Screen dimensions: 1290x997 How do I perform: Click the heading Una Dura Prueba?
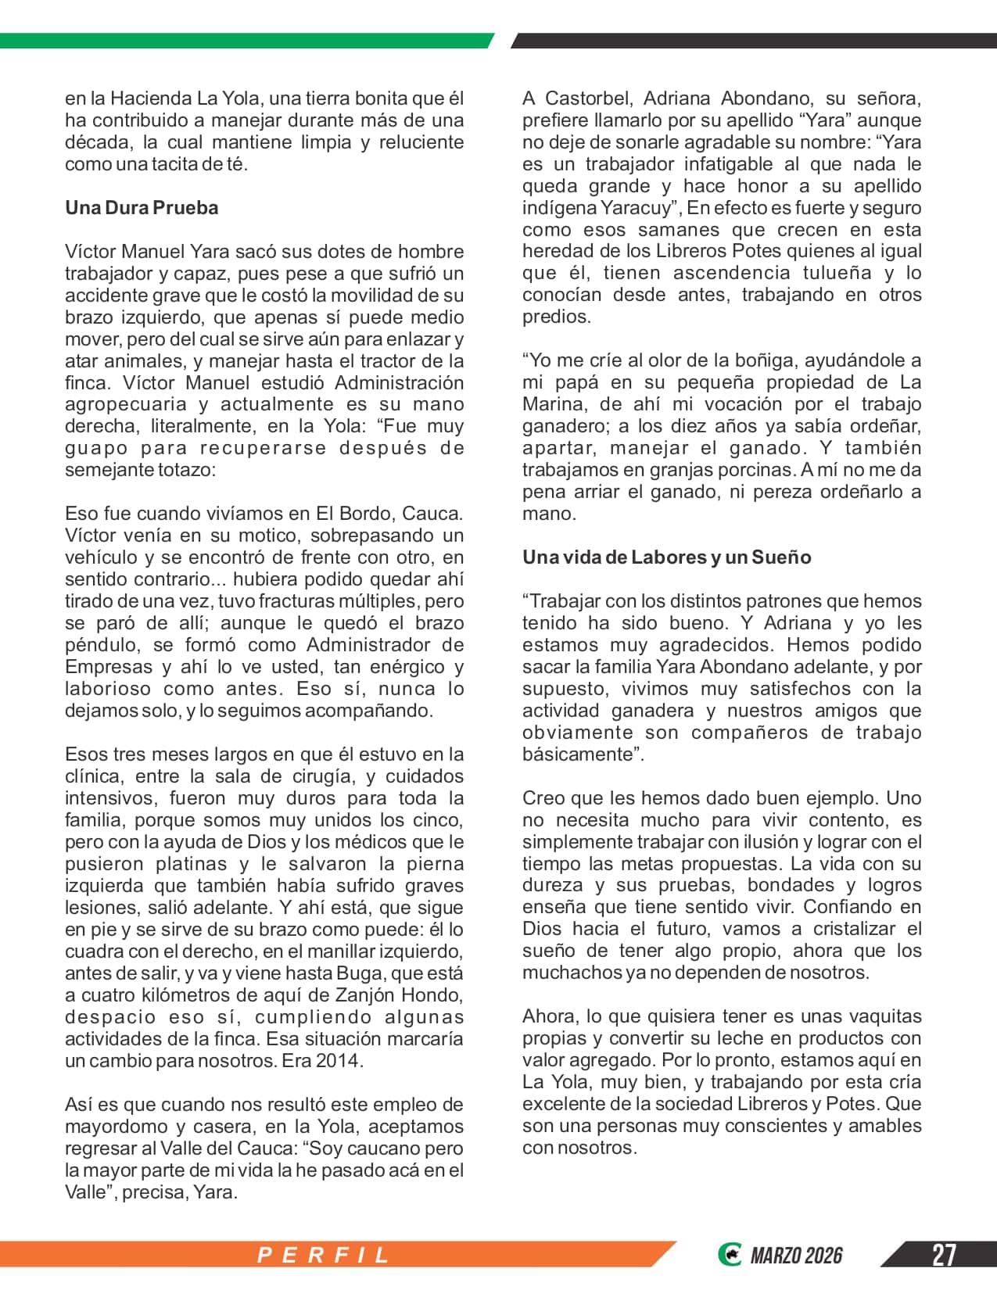142,208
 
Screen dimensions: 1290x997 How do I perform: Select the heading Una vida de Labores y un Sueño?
667,557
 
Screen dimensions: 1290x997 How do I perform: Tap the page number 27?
943,1255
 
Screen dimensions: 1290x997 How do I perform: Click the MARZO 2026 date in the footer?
796,1256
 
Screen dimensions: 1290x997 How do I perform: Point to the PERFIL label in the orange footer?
324,1255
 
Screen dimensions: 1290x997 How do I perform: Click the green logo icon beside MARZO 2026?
729,1255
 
